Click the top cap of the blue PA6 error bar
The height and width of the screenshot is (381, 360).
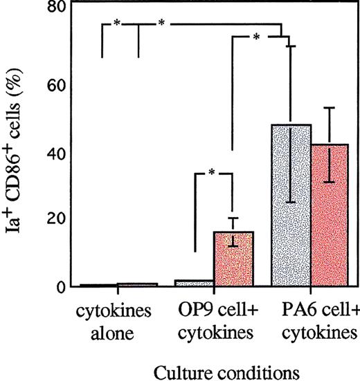291,46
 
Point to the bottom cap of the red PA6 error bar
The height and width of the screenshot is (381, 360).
331,182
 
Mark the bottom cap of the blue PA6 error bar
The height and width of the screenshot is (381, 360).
291,203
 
